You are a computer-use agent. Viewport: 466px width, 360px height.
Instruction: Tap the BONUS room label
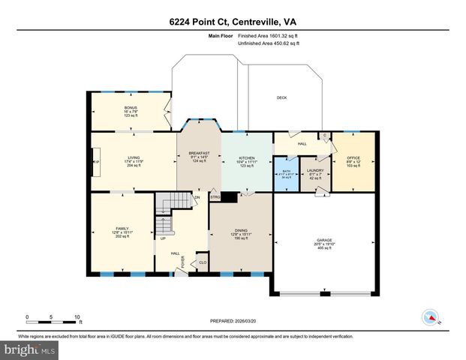(x=131, y=108)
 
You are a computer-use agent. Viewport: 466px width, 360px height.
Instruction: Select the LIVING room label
(x=134, y=157)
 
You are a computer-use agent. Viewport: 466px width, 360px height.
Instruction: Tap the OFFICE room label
(x=353, y=157)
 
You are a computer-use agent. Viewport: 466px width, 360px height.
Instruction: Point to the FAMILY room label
(x=122, y=229)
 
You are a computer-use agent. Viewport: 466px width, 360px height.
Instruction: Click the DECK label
(x=281, y=97)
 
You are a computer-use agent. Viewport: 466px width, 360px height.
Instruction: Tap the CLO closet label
(x=203, y=262)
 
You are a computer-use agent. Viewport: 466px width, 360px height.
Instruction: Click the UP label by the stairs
(x=163, y=239)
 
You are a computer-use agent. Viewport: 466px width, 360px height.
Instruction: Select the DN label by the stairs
(x=197, y=197)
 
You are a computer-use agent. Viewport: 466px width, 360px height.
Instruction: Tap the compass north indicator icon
(x=431, y=316)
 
